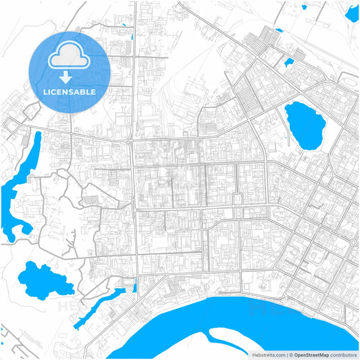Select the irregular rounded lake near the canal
tap(45, 278)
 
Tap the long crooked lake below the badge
tap(20, 182)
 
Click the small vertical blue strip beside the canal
tap(135, 286)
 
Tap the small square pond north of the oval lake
tap(289, 63)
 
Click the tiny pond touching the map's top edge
tap(305, 8)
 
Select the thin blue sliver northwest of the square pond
tap(277, 30)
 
